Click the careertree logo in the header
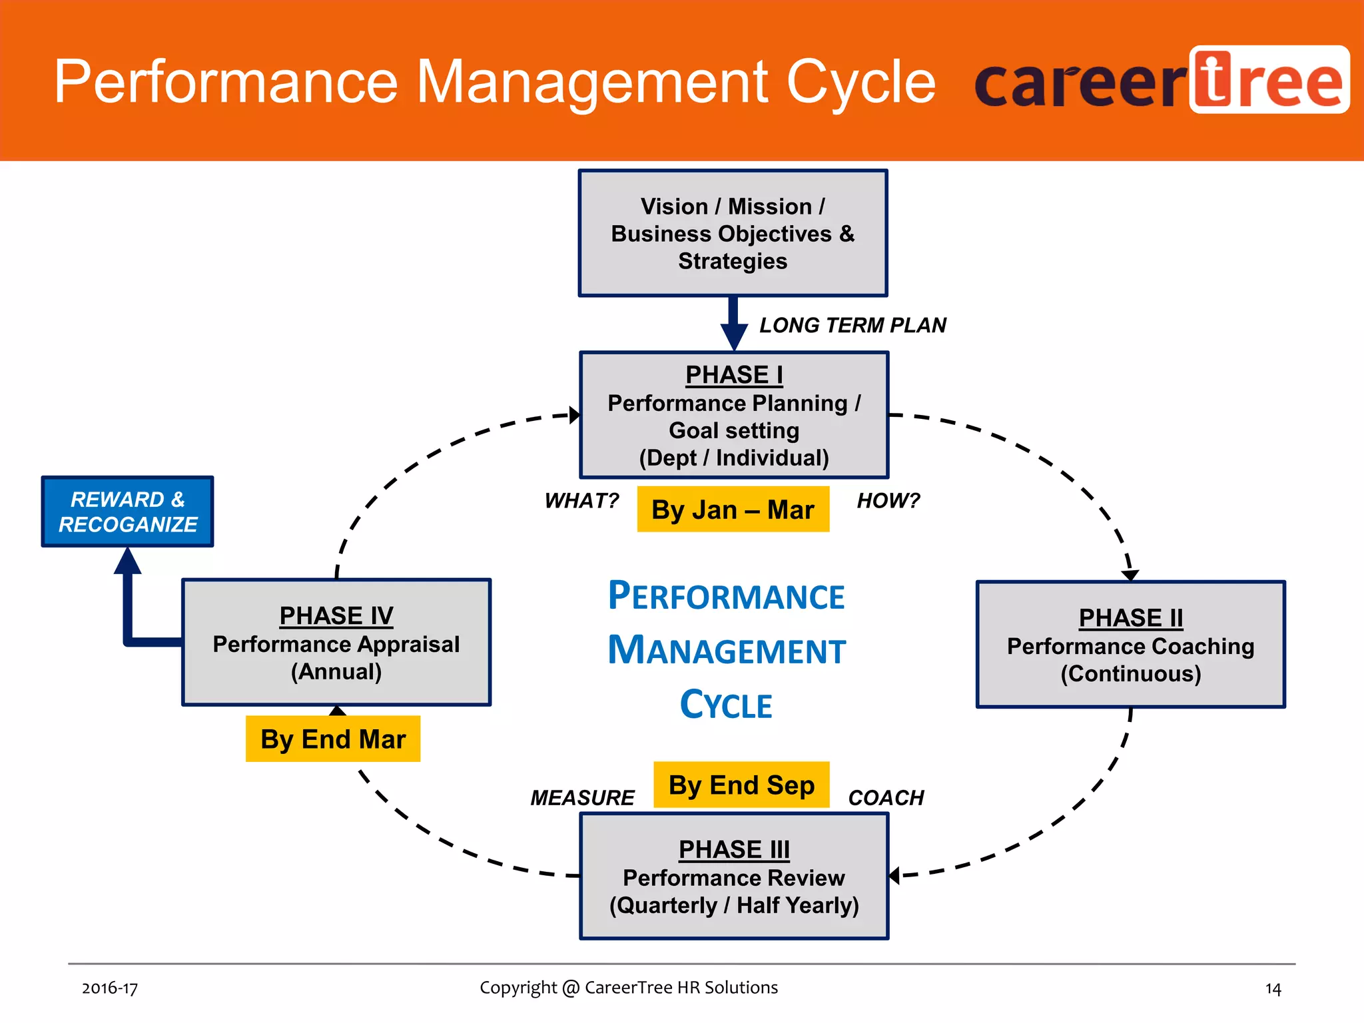click(x=1162, y=81)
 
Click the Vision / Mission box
click(x=733, y=233)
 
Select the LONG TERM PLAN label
click(x=852, y=325)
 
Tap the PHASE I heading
click(x=734, y=375)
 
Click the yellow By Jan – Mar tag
click(x=733, y=510)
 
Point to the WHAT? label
click(x=581, y=500)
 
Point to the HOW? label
click(x=888, y=500)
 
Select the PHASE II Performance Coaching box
click(x=1130, y=645)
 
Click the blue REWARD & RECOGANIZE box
click(x=127, y=511)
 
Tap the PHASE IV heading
click(x=336, y=616)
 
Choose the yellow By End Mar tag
click(x=333, y=739)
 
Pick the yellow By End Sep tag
click(x=741, y=785)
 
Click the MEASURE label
click(x=582, y=797)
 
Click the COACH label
click(x=886, y=797)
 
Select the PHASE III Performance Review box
click(x=734, y=876)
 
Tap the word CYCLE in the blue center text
click(x=726, y=705)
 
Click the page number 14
click(x=1273, y=989)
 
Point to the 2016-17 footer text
click(x=110, y=988)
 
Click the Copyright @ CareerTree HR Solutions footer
click(x=629, y=987)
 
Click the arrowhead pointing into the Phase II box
click(x=1130, y=575)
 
